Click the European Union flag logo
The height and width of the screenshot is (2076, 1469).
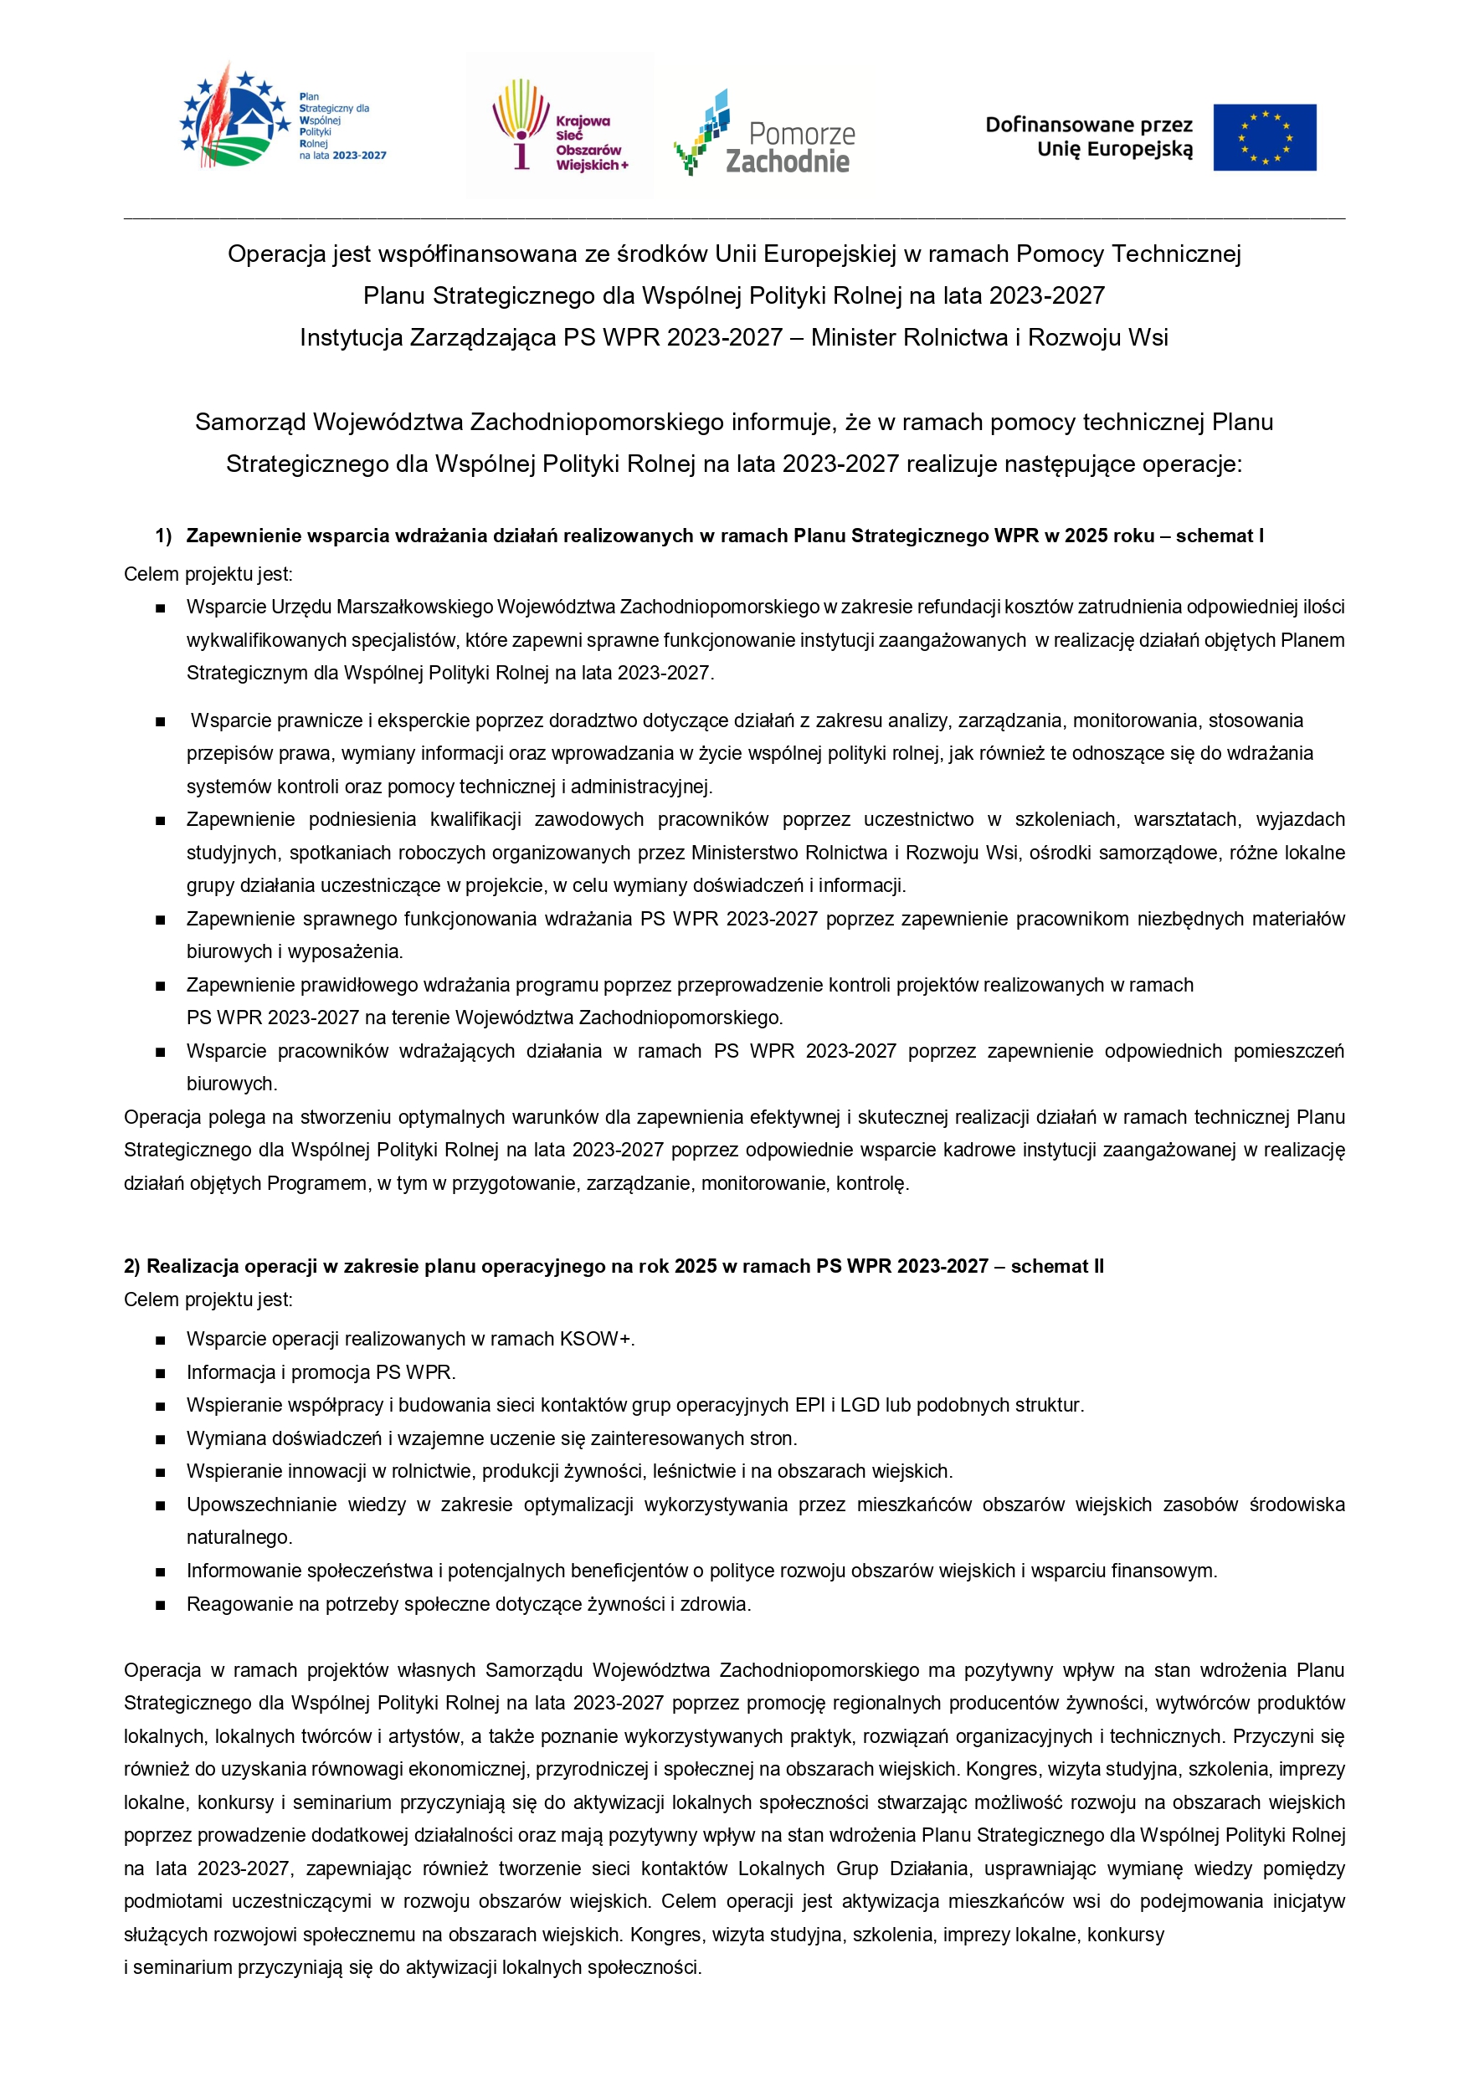pos(1264,137)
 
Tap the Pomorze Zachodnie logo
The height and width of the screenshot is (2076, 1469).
pos(764,133)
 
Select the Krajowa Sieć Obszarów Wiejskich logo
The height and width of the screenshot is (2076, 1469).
pos(560,126)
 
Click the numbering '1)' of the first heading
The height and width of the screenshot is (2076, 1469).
pos(163,536)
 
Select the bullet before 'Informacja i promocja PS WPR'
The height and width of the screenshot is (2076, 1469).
pos(161,1372)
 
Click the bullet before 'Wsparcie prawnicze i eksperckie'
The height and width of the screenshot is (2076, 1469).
pos(161,721)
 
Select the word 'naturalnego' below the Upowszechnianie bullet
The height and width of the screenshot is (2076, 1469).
pos(239,1537)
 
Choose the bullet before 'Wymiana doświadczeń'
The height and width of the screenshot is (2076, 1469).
pos(161,1438)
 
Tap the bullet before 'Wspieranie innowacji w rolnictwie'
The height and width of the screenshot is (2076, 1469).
pos(161,1472)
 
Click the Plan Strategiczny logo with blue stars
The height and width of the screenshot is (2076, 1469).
pos(283,122)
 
